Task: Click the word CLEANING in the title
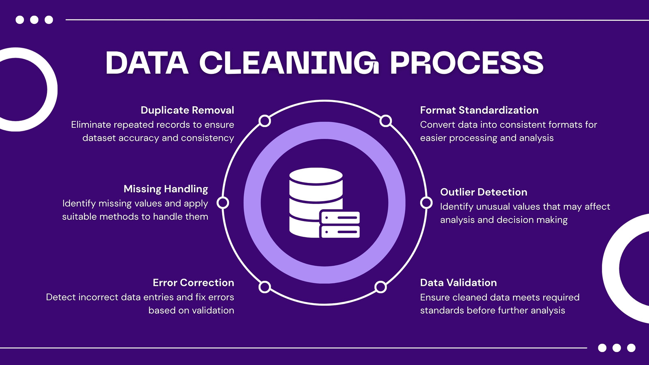point(289,63)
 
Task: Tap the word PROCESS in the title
point(467,63)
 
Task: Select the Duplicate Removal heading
point(187,110)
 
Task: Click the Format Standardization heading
point(479,110)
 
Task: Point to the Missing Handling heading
point(166,189)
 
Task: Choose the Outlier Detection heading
point(484,192)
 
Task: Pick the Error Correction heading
point(193,283)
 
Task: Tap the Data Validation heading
point(458,283)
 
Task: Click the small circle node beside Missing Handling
point(223,203)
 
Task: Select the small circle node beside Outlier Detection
point(426,203)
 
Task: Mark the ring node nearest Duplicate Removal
point(264,121)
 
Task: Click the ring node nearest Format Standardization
point(386,121)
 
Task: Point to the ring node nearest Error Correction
point(264,287)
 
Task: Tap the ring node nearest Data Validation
point(380,287)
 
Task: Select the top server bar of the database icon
point(340,217)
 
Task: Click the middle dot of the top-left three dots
point(34,20)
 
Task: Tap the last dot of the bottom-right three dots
point(631,348)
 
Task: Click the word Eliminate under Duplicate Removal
point(91,125)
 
